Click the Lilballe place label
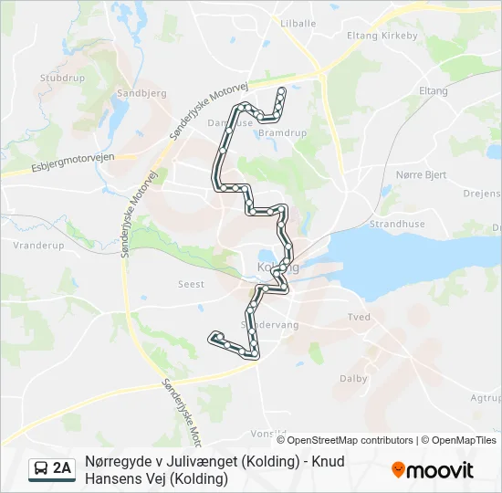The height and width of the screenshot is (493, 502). (298, 22)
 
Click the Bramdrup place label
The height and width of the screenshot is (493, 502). (282, 132)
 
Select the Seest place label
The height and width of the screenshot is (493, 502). (191, 284)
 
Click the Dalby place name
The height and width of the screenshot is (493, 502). (353, 378)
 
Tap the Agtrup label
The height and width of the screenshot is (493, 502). (485, 398)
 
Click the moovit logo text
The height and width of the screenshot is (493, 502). (440, 471)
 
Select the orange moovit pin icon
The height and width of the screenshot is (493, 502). (398, 470)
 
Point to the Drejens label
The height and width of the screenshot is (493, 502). (482, 194)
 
